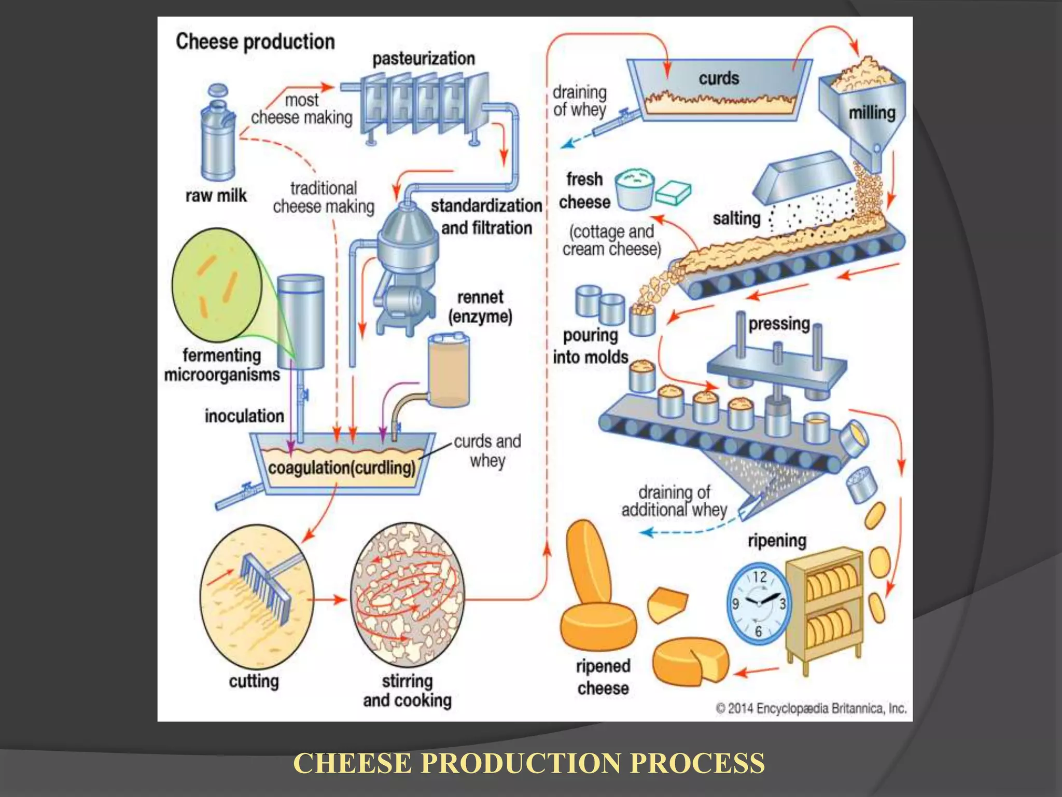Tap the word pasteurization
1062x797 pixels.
point(423,59)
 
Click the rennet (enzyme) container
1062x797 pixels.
point(449,370)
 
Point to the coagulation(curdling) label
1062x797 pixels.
point(342,468)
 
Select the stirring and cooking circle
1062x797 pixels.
point(408,595)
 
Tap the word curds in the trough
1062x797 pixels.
point(718,79)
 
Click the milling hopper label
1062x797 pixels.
point(872,113)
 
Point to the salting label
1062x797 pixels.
point(736,218)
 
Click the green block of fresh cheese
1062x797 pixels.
point(673,194)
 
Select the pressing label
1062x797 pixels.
point(779,324)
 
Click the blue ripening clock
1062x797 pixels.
point(759,604)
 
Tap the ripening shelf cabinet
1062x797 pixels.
point(825,607)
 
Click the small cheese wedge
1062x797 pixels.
point(667,604)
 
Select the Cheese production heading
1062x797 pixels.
point(255,42)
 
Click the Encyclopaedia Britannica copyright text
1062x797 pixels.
point(811,708)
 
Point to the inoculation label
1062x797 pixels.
point(244,416)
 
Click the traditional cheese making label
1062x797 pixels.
point(324,197)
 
